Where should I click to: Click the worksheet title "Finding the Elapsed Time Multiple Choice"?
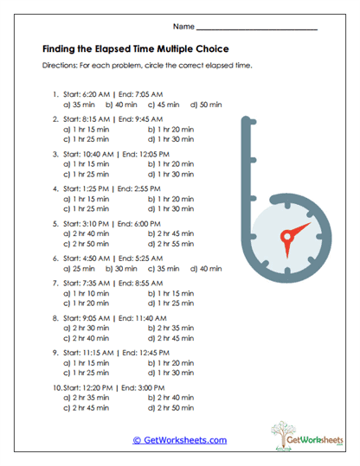click(135, 48)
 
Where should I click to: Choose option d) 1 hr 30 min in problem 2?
click(170, 138)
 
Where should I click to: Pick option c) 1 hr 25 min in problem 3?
click(86, 174)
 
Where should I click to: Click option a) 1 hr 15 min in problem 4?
click(86, 198)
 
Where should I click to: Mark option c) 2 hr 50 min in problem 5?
click(87, 245)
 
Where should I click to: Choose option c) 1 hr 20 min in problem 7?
click(86, 303)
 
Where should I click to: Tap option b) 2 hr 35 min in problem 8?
click(170, 328)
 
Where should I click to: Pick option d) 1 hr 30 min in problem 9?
click(170, 373)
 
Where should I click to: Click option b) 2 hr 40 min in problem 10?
click(170, 398)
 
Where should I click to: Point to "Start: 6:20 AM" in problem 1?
click(87, 94)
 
